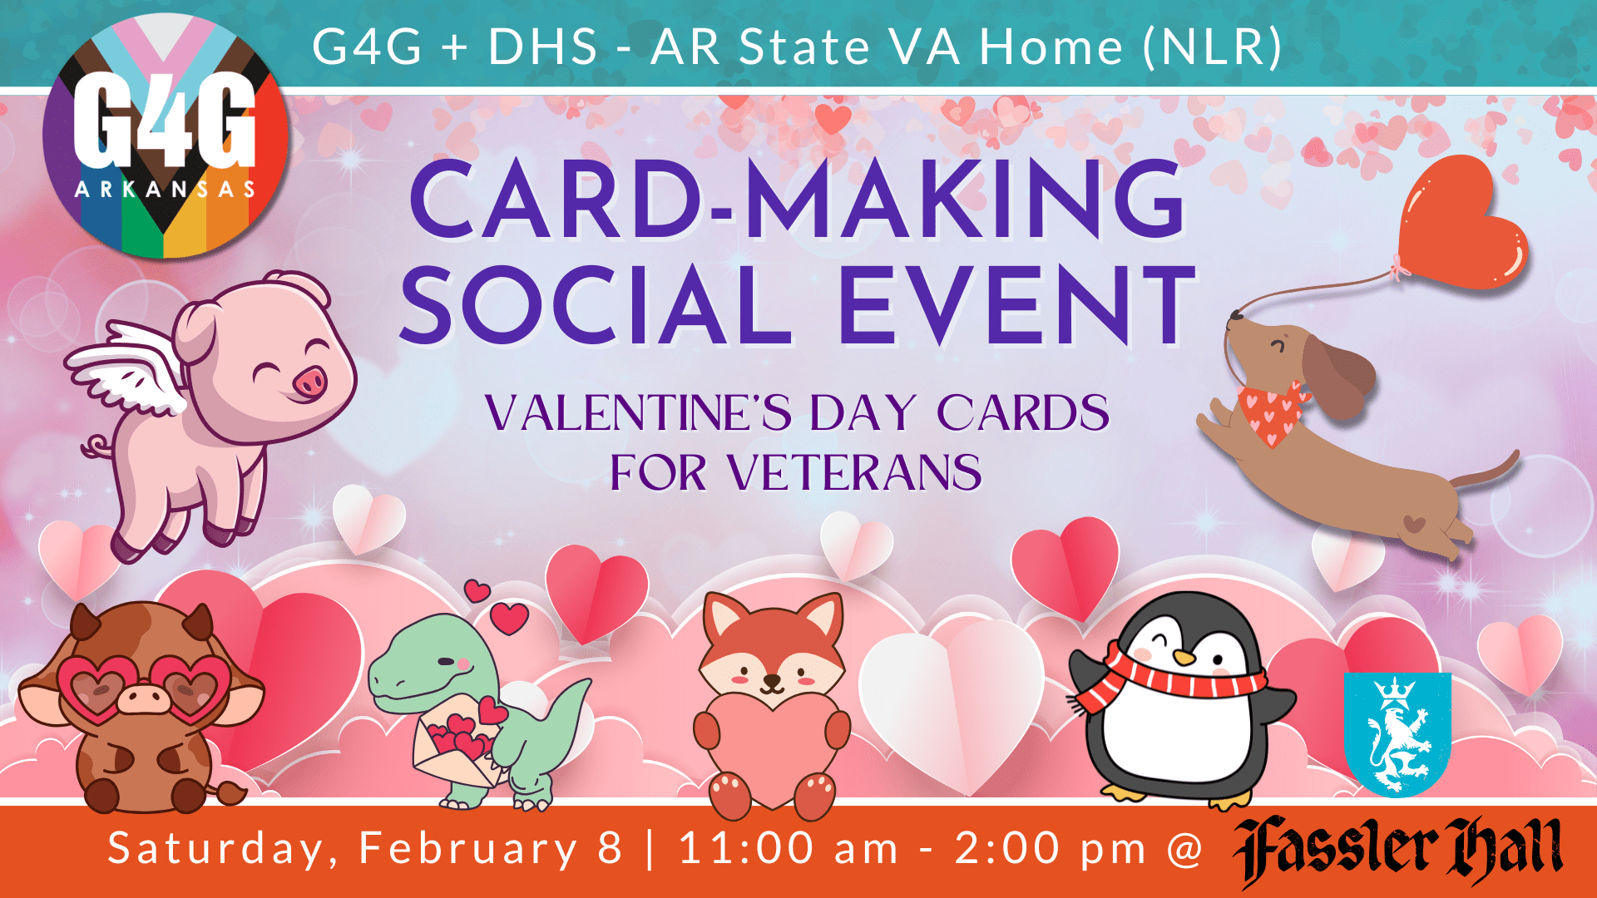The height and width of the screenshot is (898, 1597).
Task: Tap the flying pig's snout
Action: coord(309,383)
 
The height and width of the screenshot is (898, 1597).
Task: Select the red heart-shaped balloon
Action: coord(1461,221)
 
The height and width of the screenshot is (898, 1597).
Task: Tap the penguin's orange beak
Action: coord(1183,658)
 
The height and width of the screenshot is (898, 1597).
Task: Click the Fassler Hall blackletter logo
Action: coord(1397,851)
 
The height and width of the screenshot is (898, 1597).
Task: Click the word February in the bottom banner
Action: coord(468,850)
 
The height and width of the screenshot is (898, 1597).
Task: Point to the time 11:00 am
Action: coord(789,848)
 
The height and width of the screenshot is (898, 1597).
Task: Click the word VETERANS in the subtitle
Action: coord(854,473)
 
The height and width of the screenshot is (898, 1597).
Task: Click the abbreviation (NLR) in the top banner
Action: coord(1213,47)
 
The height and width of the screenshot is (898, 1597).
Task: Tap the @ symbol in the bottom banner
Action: coord(1184,850)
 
